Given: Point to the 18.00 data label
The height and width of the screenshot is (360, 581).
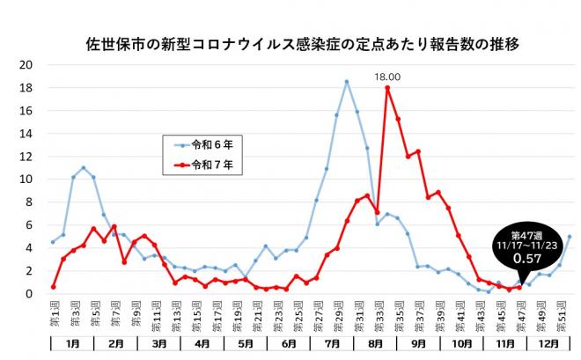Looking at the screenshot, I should point(387,77).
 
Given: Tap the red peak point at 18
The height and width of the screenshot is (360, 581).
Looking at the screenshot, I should point(387,88).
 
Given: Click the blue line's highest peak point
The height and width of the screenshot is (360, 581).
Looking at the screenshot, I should point(347,82).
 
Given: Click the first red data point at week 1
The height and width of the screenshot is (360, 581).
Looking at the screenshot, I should point(54,287).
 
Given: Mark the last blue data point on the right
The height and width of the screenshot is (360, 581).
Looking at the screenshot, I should point(570,237).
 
